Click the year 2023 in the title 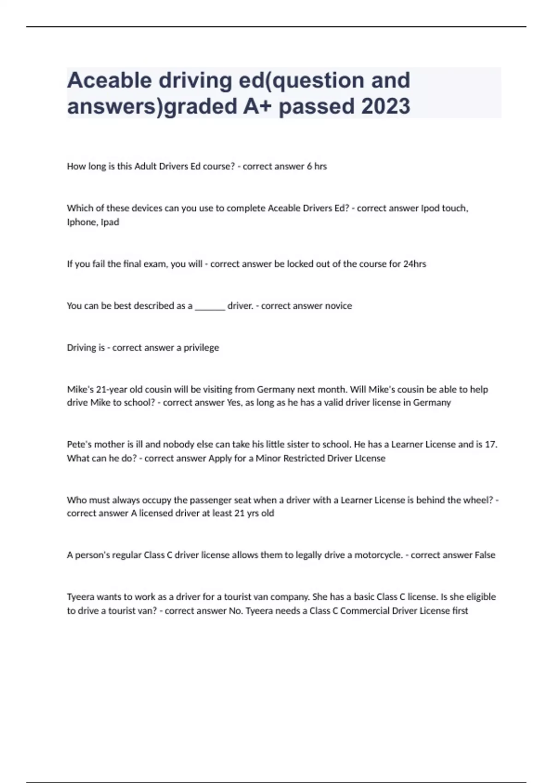pos(386,106)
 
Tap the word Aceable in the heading pos(109,81)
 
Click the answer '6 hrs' pos(317,166)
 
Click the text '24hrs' pos(414,264)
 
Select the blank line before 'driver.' pos(210,306)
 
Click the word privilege pos(201,348)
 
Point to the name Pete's pos(79,444)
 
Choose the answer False pos(485,555)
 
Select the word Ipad pos(110,222)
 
